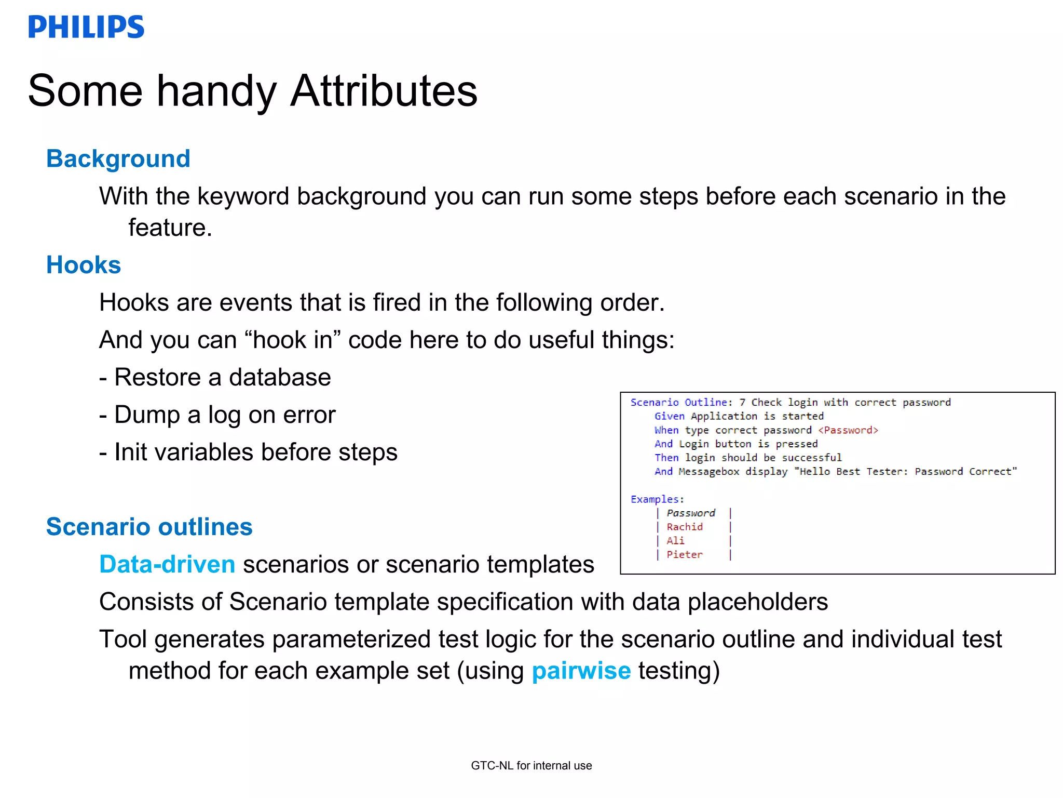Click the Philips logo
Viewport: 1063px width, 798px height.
[86, 27]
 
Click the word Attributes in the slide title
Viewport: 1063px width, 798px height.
[384, 91]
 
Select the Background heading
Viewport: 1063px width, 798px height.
[118, 158]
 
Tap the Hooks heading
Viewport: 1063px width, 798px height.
[84, 265]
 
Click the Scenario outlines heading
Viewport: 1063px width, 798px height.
[149, 527]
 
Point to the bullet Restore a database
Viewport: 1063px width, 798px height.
[215, 377]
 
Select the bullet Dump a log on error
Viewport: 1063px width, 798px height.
[217, 415]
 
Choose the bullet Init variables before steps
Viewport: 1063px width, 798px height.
[248, 452]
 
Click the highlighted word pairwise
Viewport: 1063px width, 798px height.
[581, 671]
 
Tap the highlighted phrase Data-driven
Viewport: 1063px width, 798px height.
[167, 564]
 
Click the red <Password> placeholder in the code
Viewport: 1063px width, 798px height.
[848, 430]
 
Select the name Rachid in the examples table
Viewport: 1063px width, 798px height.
[685, 527]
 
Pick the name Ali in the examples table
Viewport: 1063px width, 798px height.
[675, 541]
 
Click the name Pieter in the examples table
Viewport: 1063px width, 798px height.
[685, 555]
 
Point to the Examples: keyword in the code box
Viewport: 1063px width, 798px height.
[657, 499]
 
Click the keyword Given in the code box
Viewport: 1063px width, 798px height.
[669, 416]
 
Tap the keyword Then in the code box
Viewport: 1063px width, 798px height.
[666, 458]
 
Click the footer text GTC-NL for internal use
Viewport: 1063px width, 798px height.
[531, 765]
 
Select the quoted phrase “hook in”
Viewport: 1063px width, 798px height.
[292, 340]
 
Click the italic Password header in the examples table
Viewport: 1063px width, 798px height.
[691, 513]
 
